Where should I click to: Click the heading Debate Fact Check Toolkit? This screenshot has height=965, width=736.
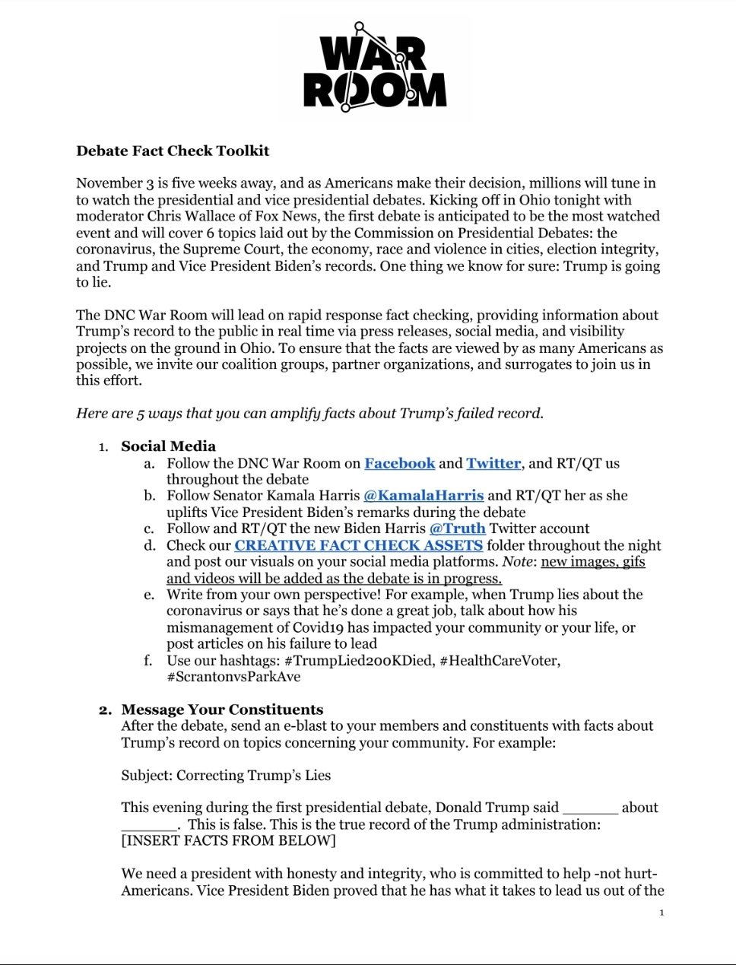[x=173, y=151]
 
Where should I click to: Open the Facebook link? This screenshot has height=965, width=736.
[x=399, y=463]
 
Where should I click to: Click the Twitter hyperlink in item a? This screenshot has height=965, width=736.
[x=493, y=463]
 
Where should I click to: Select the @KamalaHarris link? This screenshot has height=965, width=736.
[x=424, y=495]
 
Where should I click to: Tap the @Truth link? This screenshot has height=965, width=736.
[x=457, y=529]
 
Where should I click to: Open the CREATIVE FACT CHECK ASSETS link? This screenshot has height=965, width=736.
[x=358, y=545]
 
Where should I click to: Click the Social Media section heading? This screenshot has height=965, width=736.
[x=168, y=446]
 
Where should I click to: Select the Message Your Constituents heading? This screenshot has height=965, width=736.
[x=222, y=709]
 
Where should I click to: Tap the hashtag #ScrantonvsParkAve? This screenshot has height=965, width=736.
[x=233, y=677]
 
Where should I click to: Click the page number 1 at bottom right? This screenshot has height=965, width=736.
[x=661, y=913]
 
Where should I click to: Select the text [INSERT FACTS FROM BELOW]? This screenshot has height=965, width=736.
[x=228, y=841]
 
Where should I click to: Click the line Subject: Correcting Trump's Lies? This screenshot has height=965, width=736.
[x=226, y=776]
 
